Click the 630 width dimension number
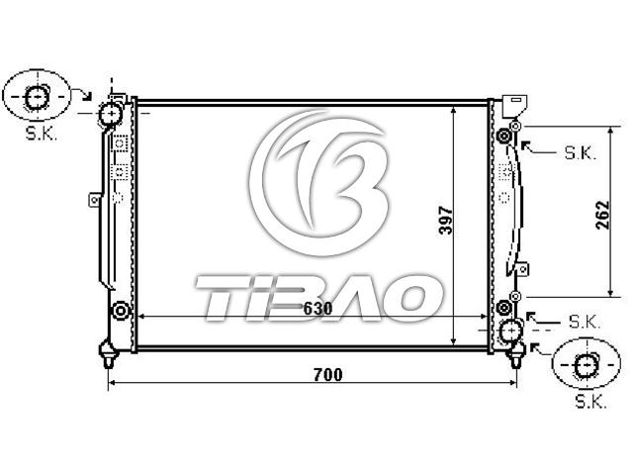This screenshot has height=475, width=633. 317,309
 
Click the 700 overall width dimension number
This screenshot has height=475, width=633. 327,375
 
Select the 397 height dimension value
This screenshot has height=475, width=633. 446,221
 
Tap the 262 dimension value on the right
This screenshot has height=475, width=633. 602,215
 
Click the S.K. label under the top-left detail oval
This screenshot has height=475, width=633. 42,134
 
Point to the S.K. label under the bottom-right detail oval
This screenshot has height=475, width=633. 590,402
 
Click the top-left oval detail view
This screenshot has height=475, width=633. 37,96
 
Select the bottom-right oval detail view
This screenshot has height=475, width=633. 586,363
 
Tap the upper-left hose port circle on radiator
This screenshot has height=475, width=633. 110,115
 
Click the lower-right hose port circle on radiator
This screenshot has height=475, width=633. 511,330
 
